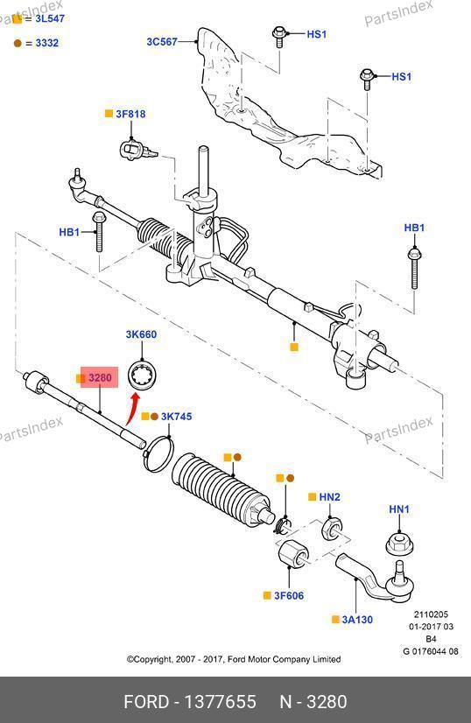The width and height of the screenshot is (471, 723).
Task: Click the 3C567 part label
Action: [x=162, y=41]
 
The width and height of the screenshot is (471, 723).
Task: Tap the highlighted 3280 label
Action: [x=100, y=377]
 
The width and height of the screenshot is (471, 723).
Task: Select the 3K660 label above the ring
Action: [x=141, y=334]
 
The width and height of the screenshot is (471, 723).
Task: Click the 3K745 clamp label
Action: [x=176, y=417]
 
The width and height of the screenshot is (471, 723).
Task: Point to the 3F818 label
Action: [x=130, y=114]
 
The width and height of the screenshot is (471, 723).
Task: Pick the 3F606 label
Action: [x=289, y=596]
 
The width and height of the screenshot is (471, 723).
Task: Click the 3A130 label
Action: [x=357, y=620]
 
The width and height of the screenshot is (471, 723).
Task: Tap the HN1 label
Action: [x=399, y=509]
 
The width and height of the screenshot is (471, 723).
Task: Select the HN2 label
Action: [x=329, y=497]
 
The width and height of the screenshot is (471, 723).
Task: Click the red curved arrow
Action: [x=132, y=408]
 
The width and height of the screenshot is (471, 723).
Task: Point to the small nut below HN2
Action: [x=330, y=529]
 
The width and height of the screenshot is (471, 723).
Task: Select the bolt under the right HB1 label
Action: [x=414, y=269]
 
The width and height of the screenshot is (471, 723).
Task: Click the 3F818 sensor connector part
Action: [x=137, y=151]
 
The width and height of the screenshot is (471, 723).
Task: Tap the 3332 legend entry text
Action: [x=46, y=43]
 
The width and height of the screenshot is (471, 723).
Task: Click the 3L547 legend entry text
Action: [x=50, y=18]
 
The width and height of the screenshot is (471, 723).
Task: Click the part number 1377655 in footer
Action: [x=220, y=702]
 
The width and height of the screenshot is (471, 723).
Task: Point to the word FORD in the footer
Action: [x=146, y=702]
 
